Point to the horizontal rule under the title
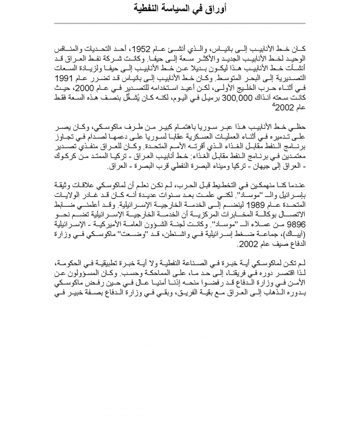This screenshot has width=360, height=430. [180, 23]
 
